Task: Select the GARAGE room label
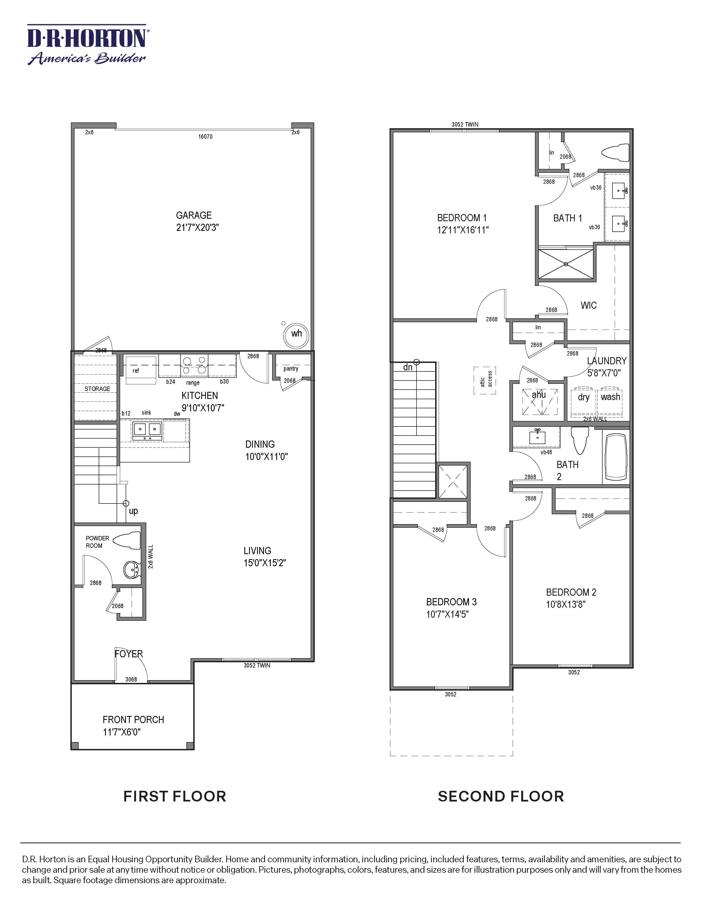pyautogui.click(x=194, y=215)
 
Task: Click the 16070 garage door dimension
pyautogui.click(x=205, y=136)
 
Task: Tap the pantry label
pyautogui.click(x=291, y=369)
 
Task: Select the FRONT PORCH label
pyautogui.click(x=133, y=720)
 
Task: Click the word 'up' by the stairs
pyautogui.click(x=133, y=511)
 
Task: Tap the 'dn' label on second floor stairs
pyautogui.click(x=408, y=367)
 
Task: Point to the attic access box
pyautogui.click(x=485, y=380)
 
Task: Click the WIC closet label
pyautogui.click(x=589, y=305)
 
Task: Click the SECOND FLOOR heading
pyautogui.click(x=501, y=796)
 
